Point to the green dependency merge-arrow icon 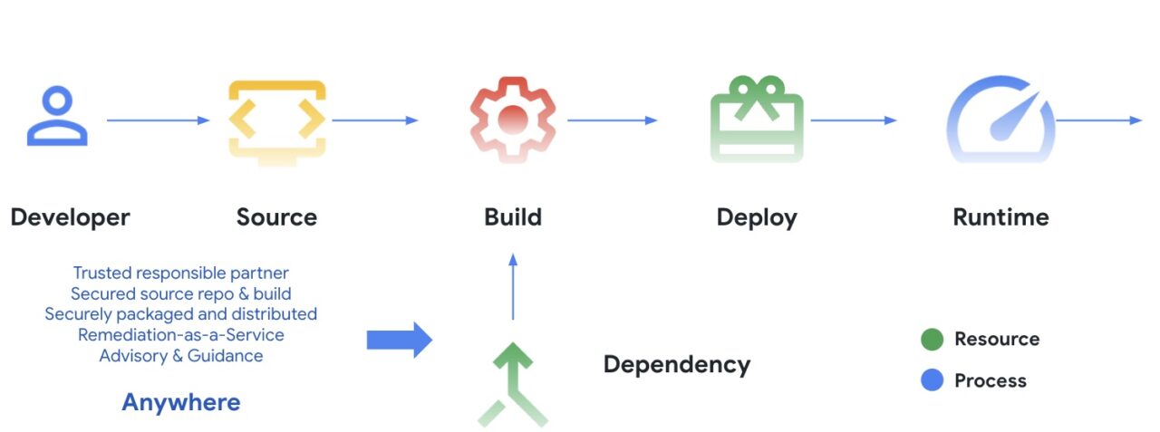(x=513, y=378)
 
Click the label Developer (x=71, y=217)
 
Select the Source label (x=276, y=217)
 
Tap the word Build (x=513, y=217)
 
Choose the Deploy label (x=757, y=218)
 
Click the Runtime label (x=1001, y=217)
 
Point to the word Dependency (x=677, y=365)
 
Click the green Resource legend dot (x=933, y=340)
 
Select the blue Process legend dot (x=933, y=380)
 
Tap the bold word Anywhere (x=181, y=402)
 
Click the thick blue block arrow (x=400, y=340)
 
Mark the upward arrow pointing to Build (x=513, y=286)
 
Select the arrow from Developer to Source (x=158, y=120)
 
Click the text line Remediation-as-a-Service (x=181, y=335)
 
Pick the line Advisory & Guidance (x=181, y=356)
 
